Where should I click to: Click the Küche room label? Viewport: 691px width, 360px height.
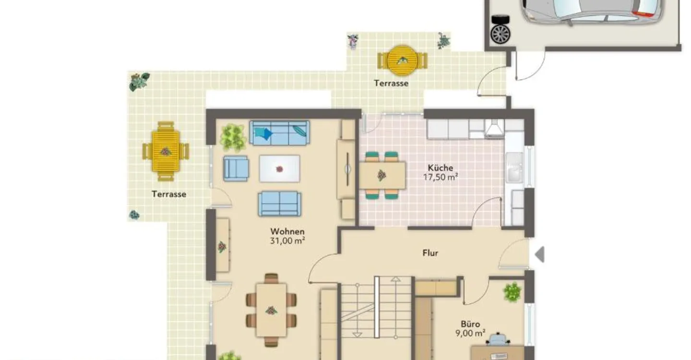tap(440, 168)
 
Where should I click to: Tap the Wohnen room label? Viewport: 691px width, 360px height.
tap(287, 231)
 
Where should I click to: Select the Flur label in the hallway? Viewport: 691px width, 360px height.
tap(430, 253)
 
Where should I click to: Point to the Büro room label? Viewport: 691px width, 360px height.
tap(470, 324)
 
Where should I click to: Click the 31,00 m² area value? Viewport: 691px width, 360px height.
tap(287, 240)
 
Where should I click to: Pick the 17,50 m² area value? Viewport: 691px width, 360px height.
tap(440, 178)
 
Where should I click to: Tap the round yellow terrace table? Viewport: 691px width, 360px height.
tap(402, 60)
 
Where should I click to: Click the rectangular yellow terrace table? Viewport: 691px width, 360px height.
tap(166, 152)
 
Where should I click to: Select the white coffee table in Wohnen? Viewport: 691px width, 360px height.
tap(279, 169)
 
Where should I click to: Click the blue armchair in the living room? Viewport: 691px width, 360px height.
tap(236, 168)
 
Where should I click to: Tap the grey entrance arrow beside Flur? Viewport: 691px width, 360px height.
tap(539, 254)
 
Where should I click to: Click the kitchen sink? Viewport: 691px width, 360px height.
tap(514, 168)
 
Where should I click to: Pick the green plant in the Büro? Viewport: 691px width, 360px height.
tap(512, 291)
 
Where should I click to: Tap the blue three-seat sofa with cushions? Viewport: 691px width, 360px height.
tap(279, 133)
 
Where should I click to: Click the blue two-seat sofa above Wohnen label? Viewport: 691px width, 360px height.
tap(279, 204)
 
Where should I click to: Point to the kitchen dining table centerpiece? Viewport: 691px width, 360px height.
tap(381, 175)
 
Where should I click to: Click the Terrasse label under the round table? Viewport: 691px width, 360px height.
tap(391, 84)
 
